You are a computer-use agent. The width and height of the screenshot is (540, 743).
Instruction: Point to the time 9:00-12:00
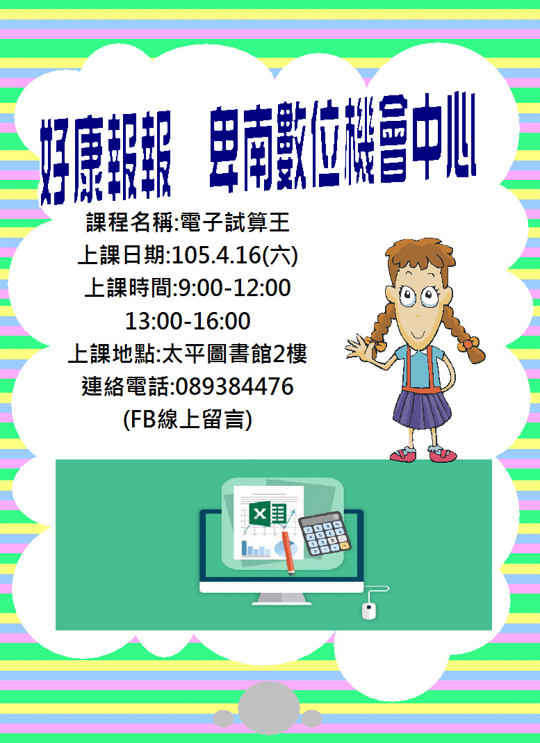[235, 288]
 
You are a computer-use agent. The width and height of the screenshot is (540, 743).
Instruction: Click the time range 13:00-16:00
[188, 320]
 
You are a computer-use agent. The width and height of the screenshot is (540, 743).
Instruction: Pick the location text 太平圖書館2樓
[234, 354]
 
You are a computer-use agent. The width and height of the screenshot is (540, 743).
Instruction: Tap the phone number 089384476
[235, 386]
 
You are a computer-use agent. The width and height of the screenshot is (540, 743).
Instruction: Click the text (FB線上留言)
[187, 419]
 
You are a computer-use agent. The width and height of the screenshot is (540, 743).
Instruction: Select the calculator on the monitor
[325, 533]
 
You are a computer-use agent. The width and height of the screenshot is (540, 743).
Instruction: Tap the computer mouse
[369, 610]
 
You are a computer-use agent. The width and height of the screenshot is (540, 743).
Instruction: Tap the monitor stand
[281, 598]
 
